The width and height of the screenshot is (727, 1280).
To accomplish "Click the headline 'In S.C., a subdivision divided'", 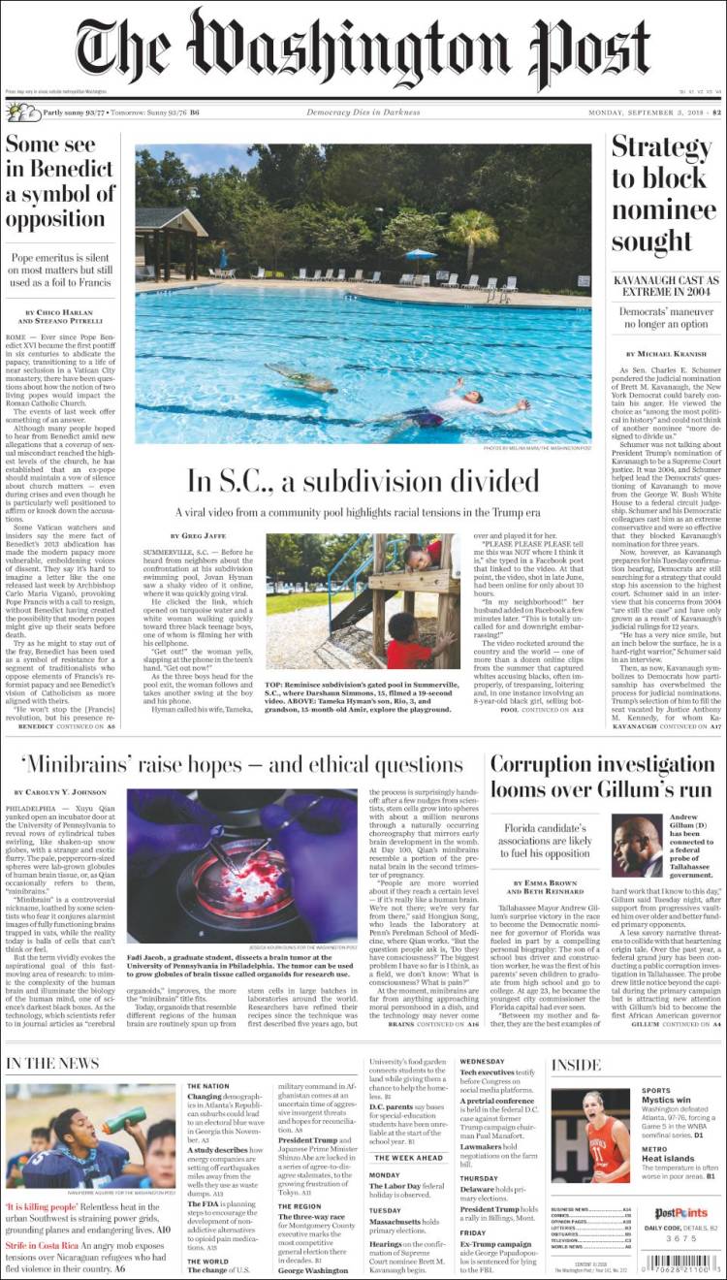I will tap(363, 480).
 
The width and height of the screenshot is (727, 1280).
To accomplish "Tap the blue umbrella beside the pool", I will tap(421, 255).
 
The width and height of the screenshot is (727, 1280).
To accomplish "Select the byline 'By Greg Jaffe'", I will tap(202, 534).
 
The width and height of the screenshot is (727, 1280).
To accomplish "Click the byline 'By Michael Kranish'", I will tap(665, 355).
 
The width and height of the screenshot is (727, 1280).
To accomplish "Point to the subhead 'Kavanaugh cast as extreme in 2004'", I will tap(665, 287).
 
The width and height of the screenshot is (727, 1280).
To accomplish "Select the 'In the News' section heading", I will tap(52, 1064).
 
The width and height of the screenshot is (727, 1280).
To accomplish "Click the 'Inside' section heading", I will tap(576, 1065).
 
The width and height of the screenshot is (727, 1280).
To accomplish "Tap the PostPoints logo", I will tap(680, 1213).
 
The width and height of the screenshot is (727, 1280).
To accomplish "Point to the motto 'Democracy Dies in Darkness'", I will tap(363, 112).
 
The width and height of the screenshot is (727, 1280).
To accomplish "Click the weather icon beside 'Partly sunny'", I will tap(19, 112).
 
